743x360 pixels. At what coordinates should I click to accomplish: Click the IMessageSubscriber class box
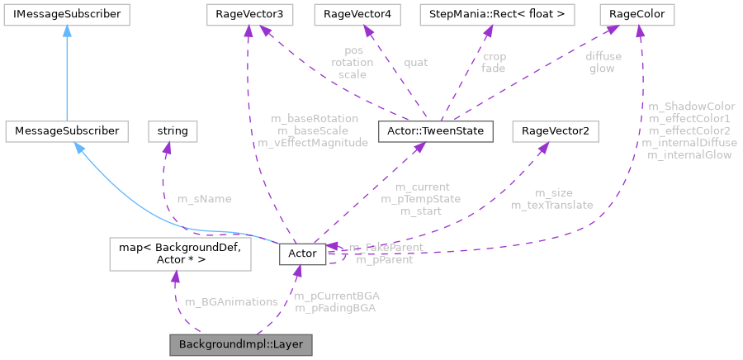(x=64, y=14)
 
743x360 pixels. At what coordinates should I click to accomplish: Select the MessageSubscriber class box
(x=67, y=130)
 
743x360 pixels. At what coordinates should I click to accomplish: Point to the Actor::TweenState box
(x=435, y=130)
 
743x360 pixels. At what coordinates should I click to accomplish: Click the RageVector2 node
(x=555, y=130)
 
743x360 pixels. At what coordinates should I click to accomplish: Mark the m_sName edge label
(x=205, y=199)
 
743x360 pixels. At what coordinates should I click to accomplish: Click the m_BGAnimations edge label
(x=232, y=301)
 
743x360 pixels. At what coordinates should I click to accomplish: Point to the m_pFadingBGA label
(x=336, y=308)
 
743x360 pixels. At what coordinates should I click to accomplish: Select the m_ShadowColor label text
(x=692, y=107)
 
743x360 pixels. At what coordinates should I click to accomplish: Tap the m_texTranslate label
(x=552, y=205)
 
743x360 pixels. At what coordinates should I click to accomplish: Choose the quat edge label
(x=415, y=62)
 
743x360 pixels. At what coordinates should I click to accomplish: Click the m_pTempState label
(x=421, y=199)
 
